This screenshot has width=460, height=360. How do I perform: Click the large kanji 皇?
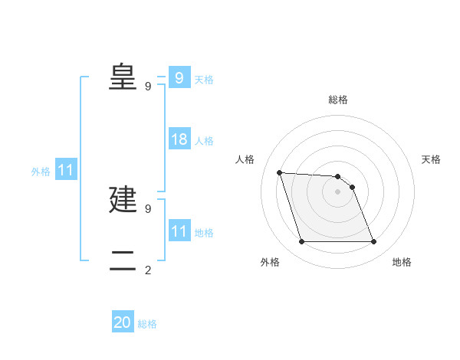coord(123,77)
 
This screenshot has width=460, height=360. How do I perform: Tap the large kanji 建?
coord(123,199)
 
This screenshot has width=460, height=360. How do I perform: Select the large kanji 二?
coord(123,260)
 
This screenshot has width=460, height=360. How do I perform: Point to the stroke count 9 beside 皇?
coord(148,86)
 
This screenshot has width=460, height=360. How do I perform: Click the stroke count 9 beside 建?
coord(148,208)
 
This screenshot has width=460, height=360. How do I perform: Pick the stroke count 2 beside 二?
coord(148,270)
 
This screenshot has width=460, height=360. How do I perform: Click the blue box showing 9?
coord(179,77)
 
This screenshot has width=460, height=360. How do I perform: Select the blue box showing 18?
coord(179,139)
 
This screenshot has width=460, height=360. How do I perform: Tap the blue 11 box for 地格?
coord(179,231)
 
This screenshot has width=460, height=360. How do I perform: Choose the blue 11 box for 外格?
coord(65,170)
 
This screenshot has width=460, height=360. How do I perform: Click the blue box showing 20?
coord(123,322)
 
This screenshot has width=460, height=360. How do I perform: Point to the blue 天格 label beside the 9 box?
coord(204,80)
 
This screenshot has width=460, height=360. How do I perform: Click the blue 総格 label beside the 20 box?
coord(147,324)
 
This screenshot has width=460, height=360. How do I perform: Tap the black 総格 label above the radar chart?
coord(338,100)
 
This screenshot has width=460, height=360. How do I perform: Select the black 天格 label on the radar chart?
coord(431,159)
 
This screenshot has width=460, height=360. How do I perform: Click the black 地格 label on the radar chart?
coord(402,262)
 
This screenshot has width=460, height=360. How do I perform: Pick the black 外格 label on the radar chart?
coord(269,262)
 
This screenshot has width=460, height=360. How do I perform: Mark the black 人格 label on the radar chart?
coord(245,159)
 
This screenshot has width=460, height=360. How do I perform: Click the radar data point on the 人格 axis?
coord(280,172)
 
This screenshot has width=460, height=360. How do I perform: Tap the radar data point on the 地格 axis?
coord(373,242)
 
